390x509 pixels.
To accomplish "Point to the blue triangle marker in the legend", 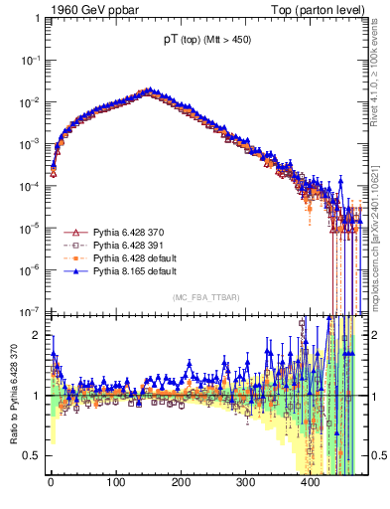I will coord(71,270).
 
